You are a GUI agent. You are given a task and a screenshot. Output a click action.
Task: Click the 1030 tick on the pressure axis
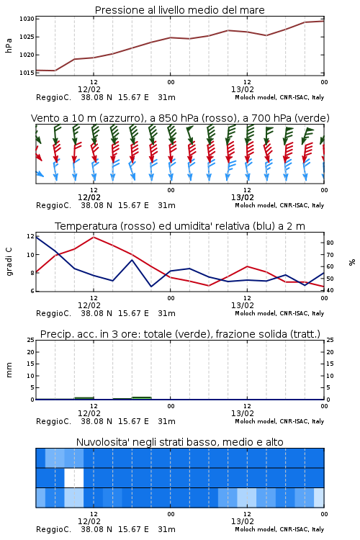(27, 19)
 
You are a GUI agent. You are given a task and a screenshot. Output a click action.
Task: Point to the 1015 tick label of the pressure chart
(27, 73)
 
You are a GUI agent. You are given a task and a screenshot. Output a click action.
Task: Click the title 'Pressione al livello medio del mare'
(180, 10)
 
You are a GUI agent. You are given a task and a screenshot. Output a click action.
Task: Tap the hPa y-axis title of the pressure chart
(9, 45)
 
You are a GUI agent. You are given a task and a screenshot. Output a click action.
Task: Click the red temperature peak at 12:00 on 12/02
(94, 237)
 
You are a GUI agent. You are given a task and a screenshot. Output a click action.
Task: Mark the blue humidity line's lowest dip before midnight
(151, 286)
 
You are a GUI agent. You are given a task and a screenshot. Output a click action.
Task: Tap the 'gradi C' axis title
(9, 262)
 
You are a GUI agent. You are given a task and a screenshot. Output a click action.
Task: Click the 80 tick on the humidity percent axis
(330, 243)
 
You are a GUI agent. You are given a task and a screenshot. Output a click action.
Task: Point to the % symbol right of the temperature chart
(352, 262)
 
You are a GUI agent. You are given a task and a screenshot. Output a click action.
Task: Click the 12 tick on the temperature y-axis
(30, 236)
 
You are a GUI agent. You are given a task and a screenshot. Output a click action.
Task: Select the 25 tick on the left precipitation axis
(31, 340)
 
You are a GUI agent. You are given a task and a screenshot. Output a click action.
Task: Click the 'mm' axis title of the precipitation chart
(9, 370)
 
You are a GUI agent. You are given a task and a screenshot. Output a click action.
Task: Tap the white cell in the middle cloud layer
(74, 477)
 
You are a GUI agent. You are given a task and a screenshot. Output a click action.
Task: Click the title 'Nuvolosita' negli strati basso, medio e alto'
(180, 442)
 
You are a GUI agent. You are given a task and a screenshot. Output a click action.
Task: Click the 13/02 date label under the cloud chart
(243, 521)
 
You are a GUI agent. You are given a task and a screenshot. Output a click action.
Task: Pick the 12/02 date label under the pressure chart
(89, 89)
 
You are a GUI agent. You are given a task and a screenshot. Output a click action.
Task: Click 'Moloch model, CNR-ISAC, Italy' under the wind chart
(279, 205)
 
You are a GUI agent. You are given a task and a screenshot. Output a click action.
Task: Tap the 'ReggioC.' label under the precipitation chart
(53, 421)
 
